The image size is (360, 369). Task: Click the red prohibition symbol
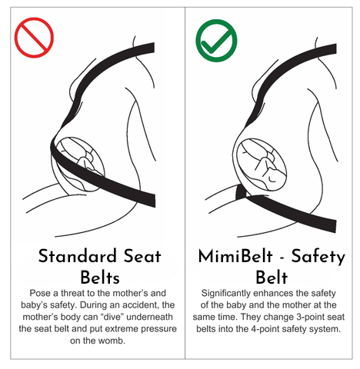(x=34, y=38)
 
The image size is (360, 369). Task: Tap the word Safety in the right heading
(x=319, y=256)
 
